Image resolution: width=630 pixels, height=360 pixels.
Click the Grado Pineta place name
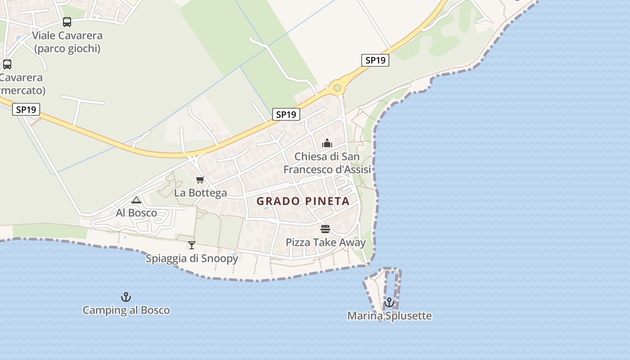pyautogui.click(x=303, y=201)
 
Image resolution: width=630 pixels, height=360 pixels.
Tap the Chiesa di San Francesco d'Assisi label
pyautogui.click(x=327, y=163)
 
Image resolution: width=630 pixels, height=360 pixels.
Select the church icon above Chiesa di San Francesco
pyautogui.click(x=327, y=144)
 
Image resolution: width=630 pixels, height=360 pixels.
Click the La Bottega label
pyautogui.click(x=200, y=193)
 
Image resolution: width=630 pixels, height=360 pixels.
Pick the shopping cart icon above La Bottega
pyautogui.click(x=200, y=180)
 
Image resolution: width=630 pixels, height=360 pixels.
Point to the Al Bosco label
pyautogui.click(x=136, y=213)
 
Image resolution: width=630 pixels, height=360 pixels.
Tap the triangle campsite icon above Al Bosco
pyautogui.click(x=136, y=200)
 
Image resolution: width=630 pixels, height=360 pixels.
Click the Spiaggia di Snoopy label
pyautogui.click(x=192, y=259)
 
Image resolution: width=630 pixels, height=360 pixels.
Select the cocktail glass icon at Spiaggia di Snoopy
pyautogui.click(x=192, y=245)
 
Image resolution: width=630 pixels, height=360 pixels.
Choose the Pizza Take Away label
pyautogui.click(x=325, y=243)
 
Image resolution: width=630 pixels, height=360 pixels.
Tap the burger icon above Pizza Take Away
pyautogui.click(x=325, y=229)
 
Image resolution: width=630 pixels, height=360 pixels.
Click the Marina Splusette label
pyautogui.click(x=389, y=316)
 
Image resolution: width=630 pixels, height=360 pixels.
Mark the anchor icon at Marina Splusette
pyautogui.click(x=389, y=302)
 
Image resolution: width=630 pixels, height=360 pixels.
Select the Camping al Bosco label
pyautogui.click(x=126, y=310)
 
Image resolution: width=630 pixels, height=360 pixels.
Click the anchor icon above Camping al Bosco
pyautogui.click(x=126, y=297)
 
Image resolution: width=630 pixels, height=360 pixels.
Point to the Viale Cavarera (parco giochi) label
pyautogui.click(x=67, y=42)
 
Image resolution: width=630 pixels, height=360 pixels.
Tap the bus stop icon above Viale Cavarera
pyautogui.click(x=67, y=22)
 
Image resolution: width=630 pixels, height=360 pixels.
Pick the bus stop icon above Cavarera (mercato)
pyautogui.click(x=7, y=64)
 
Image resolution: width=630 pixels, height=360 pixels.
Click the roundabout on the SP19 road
pyautogui.click(x=337, y=87)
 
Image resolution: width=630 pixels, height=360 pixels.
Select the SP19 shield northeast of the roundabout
pyautogui.click(x=375, y=60)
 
